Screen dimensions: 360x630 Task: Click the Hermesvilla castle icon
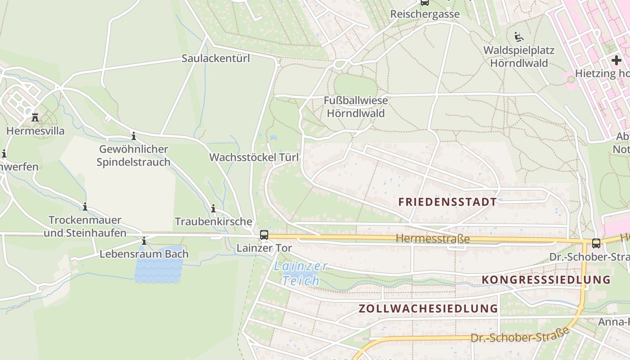coord(35,118)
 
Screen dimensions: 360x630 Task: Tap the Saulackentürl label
coord(216,58)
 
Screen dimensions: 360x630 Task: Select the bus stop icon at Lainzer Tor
coord(264,235)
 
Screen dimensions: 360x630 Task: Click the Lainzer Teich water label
coord(301,273)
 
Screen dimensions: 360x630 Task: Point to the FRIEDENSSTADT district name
coord(447,202)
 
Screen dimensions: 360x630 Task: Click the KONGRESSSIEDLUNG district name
coord(546,280)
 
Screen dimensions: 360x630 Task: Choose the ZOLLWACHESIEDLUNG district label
coord(428,309)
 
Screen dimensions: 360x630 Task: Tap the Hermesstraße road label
coord(432,239)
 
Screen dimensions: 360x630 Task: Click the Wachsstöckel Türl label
coord(254,157)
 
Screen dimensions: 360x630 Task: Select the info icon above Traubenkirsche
coord(213,209)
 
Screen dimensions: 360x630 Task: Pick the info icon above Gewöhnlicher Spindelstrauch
coord(134,136)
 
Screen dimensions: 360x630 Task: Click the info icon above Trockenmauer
coord(85,207)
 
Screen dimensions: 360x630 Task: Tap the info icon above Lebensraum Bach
coord(144,241)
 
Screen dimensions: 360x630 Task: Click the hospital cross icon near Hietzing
coord(616,60)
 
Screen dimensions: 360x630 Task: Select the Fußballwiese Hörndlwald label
coord(355,107)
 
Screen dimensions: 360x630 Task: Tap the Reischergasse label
coord(425,14)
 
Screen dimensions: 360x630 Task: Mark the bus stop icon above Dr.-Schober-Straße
coord(596,243)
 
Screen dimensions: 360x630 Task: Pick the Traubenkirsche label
coord(213,221)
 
